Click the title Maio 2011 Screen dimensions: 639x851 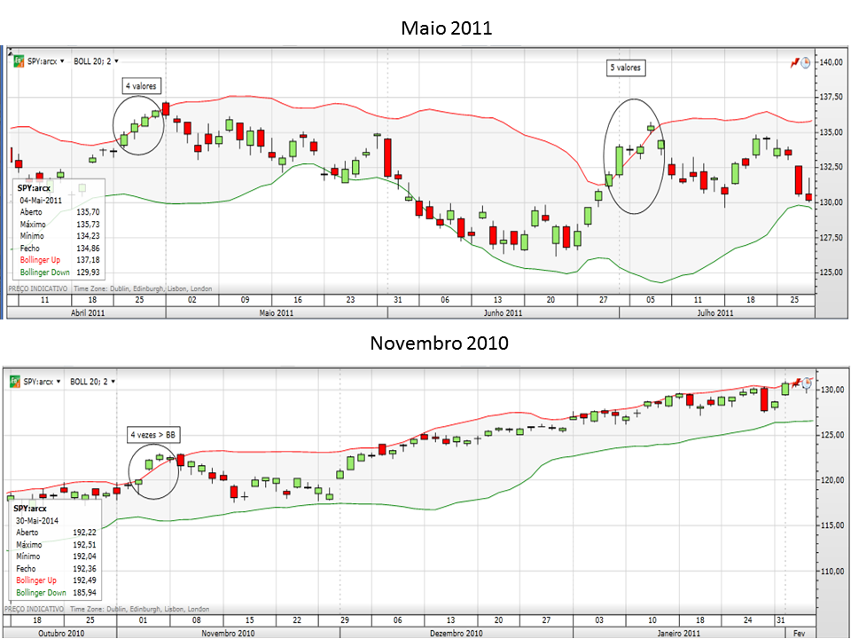coord(447,28)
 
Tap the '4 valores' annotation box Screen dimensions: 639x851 coord(141,86)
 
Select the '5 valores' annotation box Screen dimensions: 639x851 coord(625,67)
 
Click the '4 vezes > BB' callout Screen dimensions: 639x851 coord(153,435)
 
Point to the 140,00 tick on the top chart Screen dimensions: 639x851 coord(831,62)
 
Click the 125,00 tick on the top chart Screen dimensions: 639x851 coord(831,272)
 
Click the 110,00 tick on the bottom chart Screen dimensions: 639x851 coord(831,572)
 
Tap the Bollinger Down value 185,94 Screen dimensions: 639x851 coord(85,592)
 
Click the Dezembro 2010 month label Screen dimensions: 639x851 coord(456,633)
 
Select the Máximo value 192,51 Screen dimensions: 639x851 coord(85,544)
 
